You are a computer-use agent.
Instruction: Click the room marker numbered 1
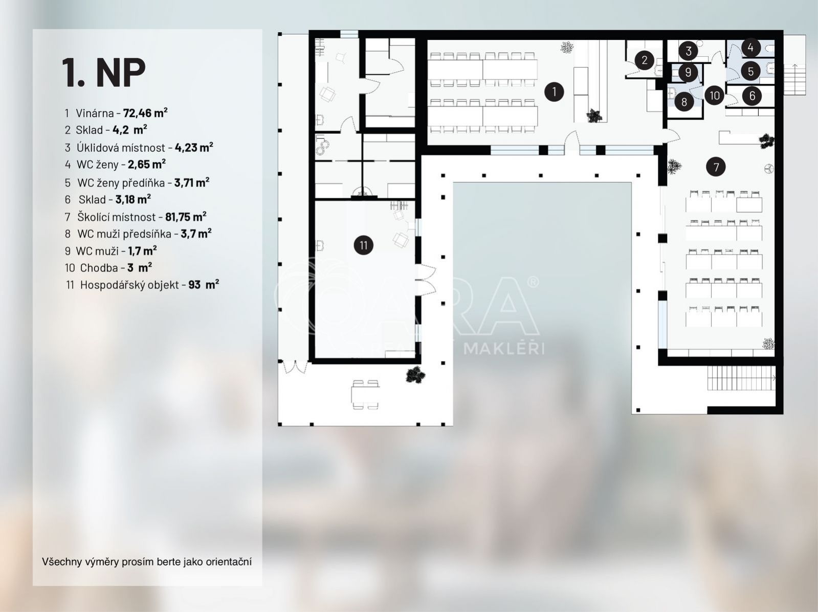tap(554, 92)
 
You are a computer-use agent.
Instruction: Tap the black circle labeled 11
tap(363, 245)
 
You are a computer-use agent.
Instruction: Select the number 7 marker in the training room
tap(716, 166)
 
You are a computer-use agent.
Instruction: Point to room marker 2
tap(645, 60)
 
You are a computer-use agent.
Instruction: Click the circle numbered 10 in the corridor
tap(714, 95)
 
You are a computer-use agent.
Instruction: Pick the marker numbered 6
tap(752, 96)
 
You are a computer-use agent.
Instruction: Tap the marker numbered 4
tap(750, 48)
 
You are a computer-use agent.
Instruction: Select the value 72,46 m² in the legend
tap(145, 113)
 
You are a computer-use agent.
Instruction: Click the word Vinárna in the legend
tap(95, 113)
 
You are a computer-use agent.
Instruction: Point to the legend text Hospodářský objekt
tap(130, 285)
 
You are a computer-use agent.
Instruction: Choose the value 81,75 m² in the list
tap(186, 216)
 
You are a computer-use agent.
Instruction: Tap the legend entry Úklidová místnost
tap(121, 147)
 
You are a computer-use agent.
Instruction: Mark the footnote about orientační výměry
tap(146, 562)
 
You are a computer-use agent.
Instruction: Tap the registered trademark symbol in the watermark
tap(533, 282)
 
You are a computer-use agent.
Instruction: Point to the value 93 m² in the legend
tap(204, 285)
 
